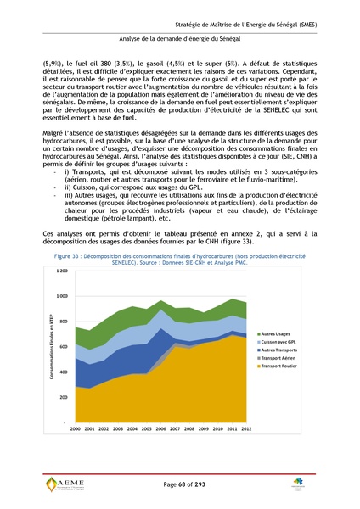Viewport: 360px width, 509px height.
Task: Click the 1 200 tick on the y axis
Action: tap(62, 271)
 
